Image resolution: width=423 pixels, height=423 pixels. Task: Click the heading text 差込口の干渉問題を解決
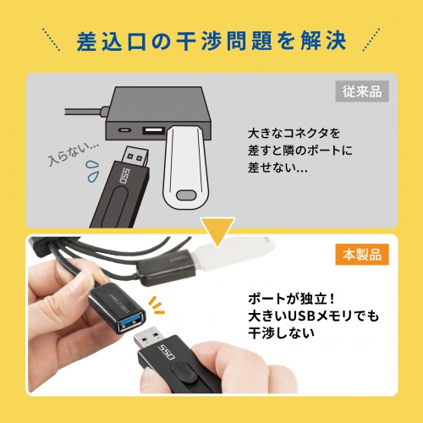tap(211, 40)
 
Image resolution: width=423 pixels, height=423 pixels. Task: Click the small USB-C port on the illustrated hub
tap(125, 131)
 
